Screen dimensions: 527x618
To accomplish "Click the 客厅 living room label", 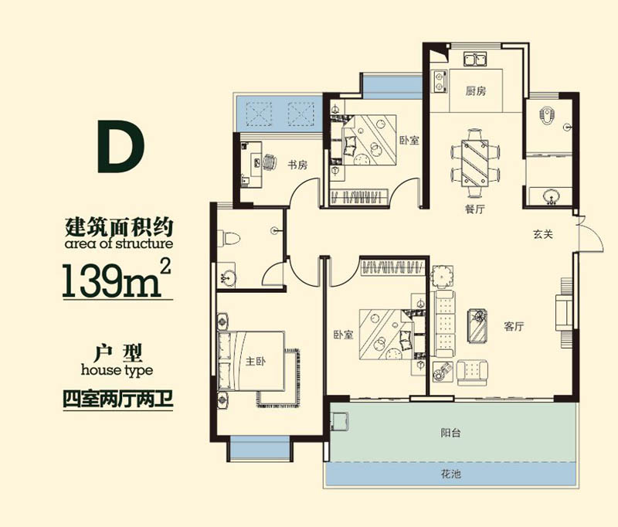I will pos(514,327).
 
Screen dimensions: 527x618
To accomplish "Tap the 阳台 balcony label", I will pos(452,433).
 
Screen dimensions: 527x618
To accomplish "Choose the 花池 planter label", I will pos(452,474).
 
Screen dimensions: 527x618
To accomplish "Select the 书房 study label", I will pos(298,165).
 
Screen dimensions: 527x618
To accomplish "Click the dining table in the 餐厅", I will pos(475,161).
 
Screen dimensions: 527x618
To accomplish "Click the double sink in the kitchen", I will pos(473,59).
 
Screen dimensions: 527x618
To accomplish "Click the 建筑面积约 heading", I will pos(117,226).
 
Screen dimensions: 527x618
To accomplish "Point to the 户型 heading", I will pos(117,353).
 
